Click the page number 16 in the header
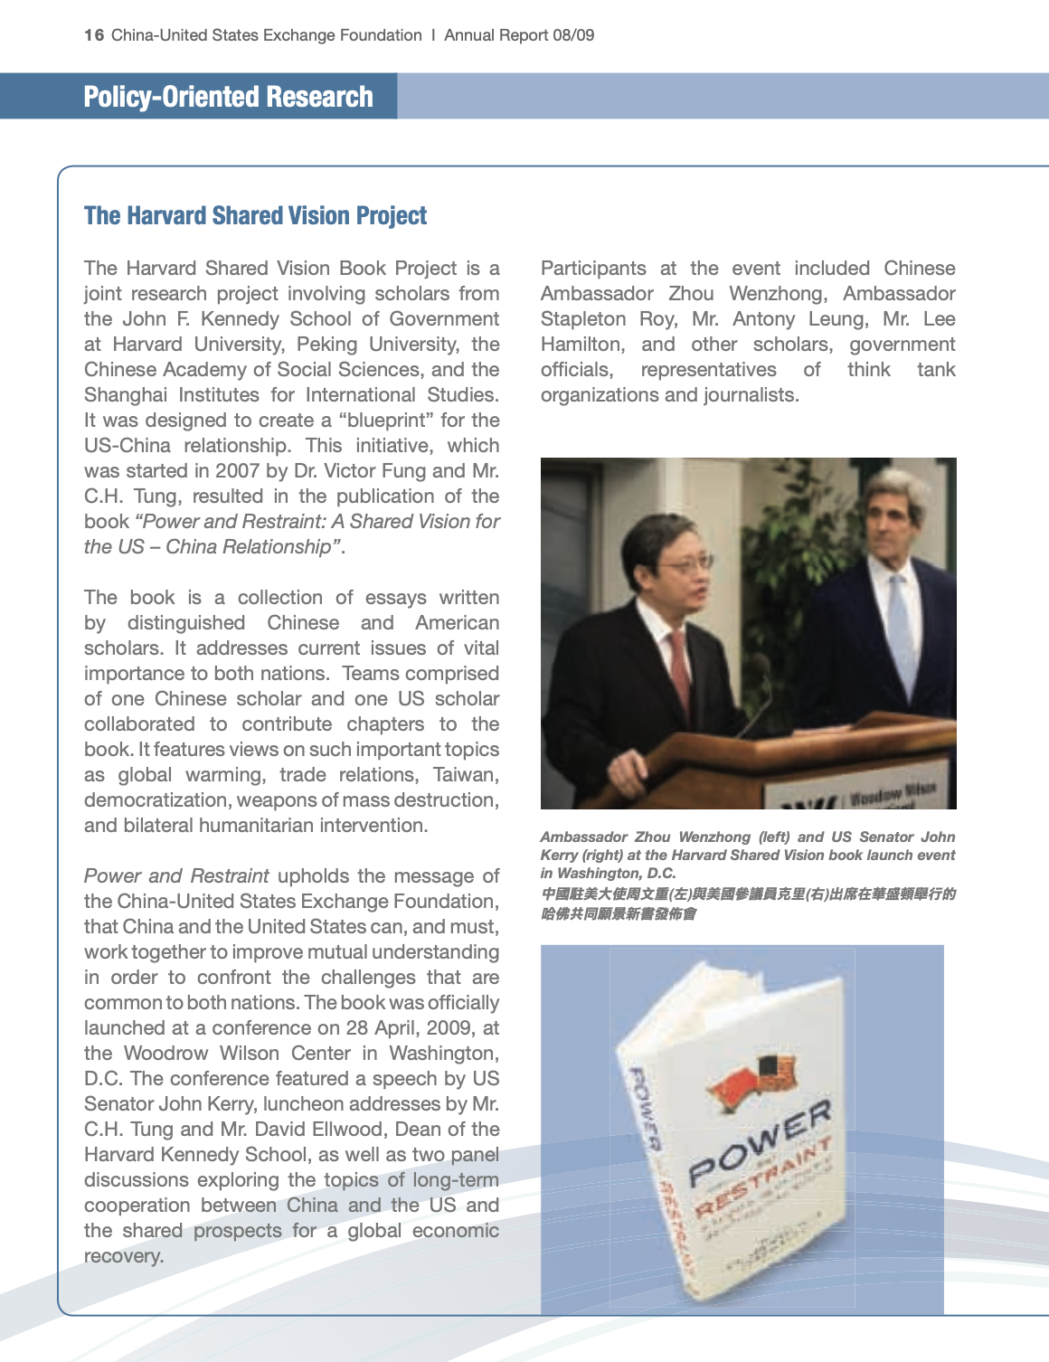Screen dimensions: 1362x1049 pos(93,35)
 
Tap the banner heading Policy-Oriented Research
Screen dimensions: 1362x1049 pos(228,96)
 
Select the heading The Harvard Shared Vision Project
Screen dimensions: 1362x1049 pos(255,215)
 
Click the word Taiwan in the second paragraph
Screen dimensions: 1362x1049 pos(465,775)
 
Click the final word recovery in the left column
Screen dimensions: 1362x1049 pos(123,1256)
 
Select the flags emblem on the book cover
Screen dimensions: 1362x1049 pos(753,1085)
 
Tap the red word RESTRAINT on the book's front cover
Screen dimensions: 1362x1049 pos(763,1179)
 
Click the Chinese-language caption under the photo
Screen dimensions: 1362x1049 pos(747,903)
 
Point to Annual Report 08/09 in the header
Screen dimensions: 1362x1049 pos(519,35)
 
